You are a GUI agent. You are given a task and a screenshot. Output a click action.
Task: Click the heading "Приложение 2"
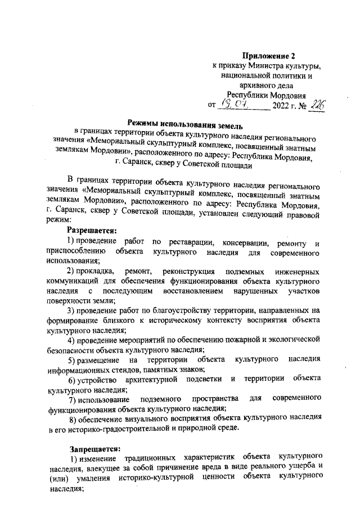click(x=268, y=56)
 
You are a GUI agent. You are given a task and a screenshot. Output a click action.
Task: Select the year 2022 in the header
click(x=282, y=105)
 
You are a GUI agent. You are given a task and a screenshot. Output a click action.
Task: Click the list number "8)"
click(x=73, y=420)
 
